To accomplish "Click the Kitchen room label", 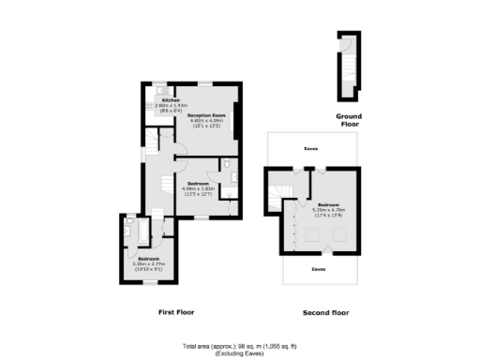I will (171, 100).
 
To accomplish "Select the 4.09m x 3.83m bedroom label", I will (198, 183).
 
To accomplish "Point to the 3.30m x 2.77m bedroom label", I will (149, 258).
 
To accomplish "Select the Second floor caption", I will (324, 310).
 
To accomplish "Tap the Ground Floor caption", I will (349, 119).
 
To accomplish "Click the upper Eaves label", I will (310, 148).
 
